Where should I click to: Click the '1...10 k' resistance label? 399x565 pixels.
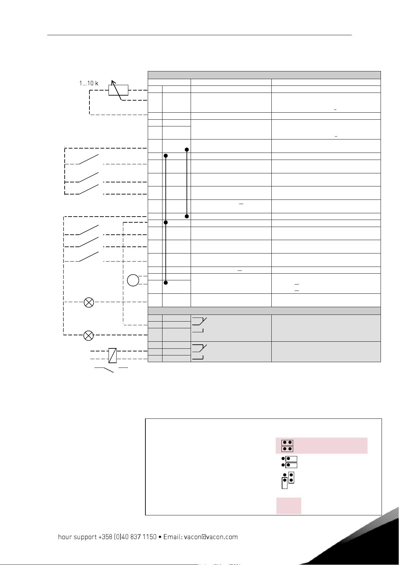[x=89, y=83]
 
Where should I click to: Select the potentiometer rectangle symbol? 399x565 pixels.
[x=119, y=90]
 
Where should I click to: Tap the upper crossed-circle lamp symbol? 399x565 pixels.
[x=89, y=302]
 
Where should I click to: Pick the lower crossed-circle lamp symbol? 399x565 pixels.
[x=88, y=335]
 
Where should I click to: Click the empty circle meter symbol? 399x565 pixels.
[x=133, y=280]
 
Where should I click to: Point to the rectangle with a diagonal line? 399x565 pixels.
[x=113, y=355]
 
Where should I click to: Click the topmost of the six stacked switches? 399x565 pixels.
[x=89, y=160]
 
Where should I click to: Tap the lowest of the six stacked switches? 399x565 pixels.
[x=89, y=256]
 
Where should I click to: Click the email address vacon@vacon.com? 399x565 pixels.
[x=211, y=537]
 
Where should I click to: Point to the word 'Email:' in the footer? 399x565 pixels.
[x=173, y=537]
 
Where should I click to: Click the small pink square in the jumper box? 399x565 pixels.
[x=288, y=506]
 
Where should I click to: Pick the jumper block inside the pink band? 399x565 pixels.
[x=287, y=446]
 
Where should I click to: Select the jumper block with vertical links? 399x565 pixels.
[x=287, y=480]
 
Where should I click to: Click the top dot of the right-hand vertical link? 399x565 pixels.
[x=291, y=475]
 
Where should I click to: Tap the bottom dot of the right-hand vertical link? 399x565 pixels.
[x=291, y=480]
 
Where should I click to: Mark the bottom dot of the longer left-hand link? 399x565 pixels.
[x=284, y=480]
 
